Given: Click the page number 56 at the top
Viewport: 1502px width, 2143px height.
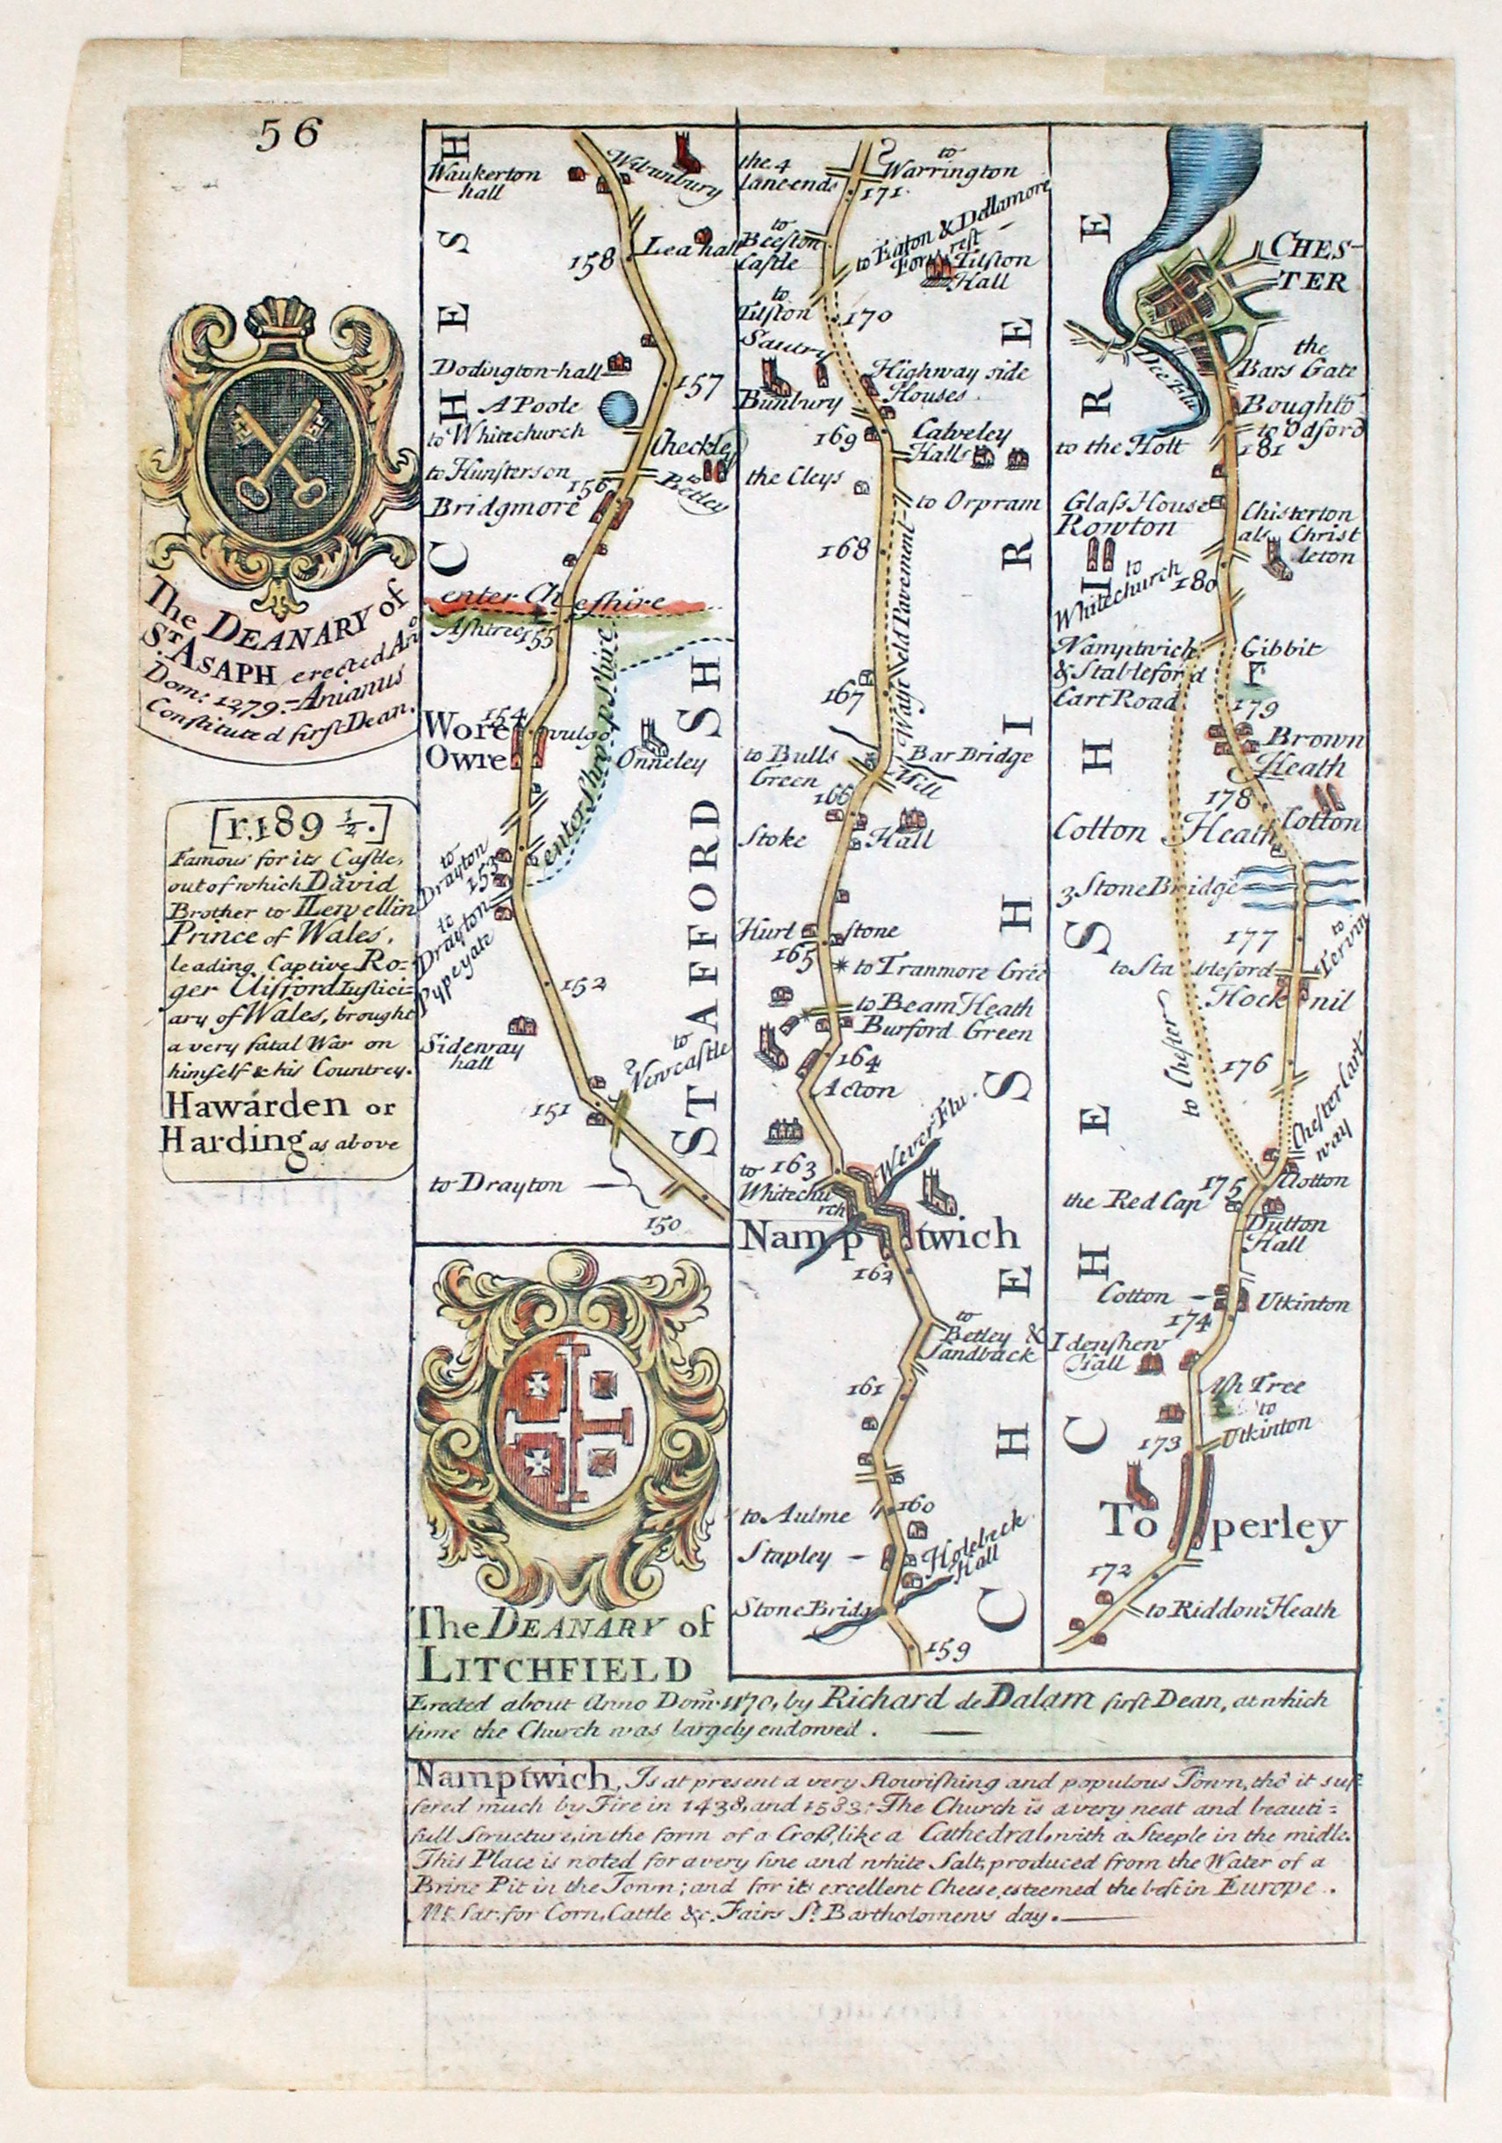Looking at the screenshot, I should (x=289, y=134).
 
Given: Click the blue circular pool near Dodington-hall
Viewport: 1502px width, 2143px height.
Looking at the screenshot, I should (x=618, y=408).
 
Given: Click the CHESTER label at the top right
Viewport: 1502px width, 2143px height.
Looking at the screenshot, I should (x=1305, y=264).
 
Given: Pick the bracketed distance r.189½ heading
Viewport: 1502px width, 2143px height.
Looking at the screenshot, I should (x=286, y=825).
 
